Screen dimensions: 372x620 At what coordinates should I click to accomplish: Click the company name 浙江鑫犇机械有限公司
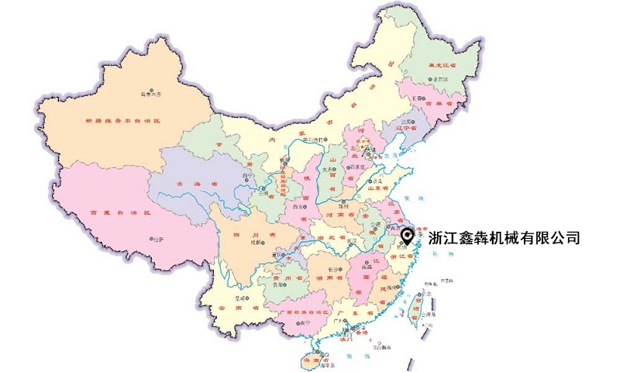pos(504,238)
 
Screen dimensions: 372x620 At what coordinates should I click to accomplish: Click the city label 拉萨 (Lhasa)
pos(158,239)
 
